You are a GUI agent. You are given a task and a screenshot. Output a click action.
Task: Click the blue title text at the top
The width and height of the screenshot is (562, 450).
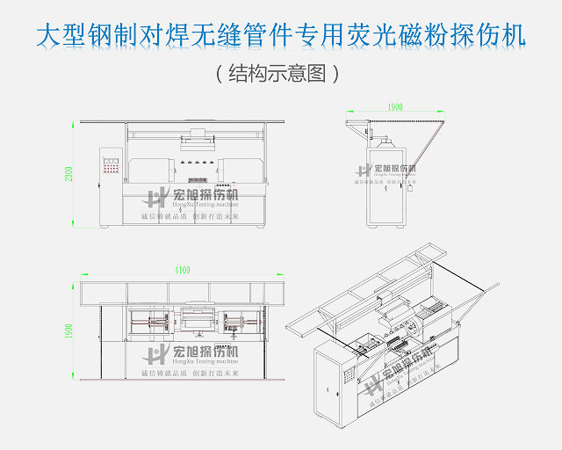(281, 35)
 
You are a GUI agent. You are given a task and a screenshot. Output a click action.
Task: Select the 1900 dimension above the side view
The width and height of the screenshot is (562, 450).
(395, 106)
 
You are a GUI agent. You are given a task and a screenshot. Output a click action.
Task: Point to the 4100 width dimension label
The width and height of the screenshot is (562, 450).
(182, 271)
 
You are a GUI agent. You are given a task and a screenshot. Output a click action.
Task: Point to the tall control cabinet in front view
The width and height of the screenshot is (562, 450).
(111, 185)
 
